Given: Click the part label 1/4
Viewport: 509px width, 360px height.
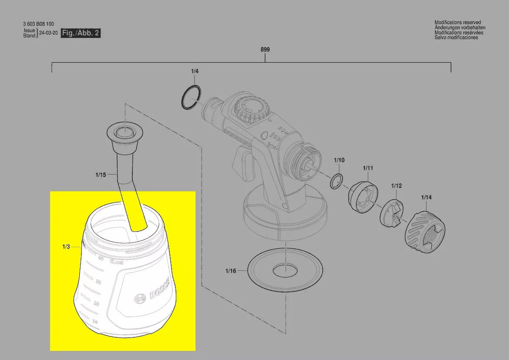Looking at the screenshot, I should point(194,71).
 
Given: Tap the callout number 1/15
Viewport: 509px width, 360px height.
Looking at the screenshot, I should point(101,175).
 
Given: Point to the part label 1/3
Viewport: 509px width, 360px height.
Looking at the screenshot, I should point(66,247).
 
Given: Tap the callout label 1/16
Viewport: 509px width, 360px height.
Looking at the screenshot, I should point(230,271).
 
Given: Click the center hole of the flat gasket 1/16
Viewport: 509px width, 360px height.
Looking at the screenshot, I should point(286,271).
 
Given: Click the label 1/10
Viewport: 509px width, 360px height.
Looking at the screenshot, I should point(339,160).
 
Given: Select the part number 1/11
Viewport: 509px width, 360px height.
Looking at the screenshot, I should point(368,168).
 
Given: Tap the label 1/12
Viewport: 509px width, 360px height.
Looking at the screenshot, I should point(396,186).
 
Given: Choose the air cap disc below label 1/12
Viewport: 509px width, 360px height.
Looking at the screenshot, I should point(393,214).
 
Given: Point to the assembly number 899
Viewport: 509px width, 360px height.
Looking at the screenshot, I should point(265,50).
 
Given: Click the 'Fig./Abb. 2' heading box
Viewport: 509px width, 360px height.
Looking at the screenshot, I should point(81,33).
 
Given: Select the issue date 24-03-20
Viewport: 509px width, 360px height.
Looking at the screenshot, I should point(48,33).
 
